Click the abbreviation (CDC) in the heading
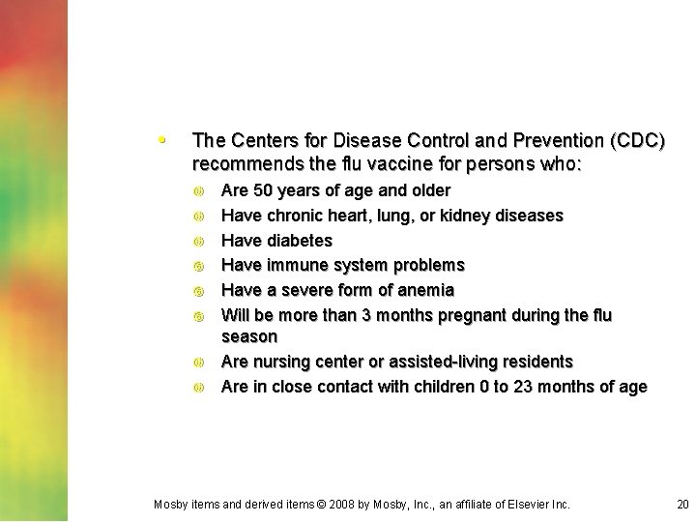click(x=637, y=141)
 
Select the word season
click(x=249, y=336)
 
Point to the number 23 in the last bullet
click(x=527, y=387)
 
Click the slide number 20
click(x=682, y=504)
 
